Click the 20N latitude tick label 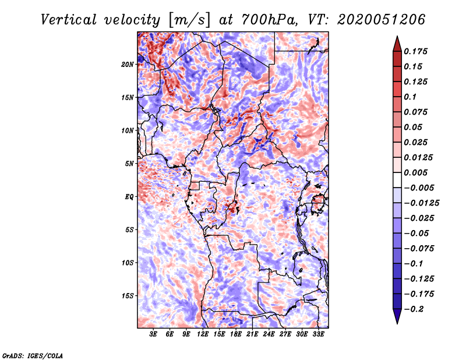point(128,64)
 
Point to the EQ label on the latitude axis point(130,197)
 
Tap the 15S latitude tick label point(128,296)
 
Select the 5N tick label point(129,164)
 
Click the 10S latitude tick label point(128,263)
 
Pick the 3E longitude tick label point(153,334)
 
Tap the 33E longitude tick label point(319,334)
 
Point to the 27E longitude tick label point(285,334)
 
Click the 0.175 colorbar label point(416,51)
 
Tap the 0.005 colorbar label point(416,172)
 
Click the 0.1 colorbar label point(410,97)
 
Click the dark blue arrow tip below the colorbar point(397,319)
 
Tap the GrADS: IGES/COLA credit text point(32,355)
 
